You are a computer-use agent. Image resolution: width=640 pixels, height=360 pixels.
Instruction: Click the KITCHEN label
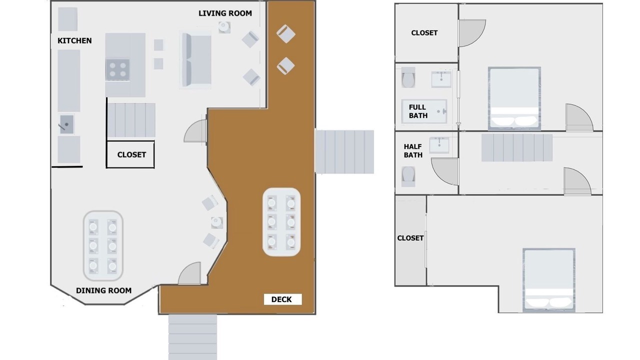click(x=74, y=41)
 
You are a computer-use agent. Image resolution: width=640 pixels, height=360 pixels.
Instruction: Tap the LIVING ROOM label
click(x=225, y=13)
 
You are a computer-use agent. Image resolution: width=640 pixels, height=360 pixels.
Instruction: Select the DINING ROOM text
click(x=103, y=290)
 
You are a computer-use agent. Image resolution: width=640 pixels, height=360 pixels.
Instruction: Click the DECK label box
click(x=282, y=299)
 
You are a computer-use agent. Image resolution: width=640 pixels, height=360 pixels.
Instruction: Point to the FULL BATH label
click(x=418, y=111)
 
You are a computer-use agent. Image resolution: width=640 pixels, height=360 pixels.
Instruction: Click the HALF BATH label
click(x=413, y=151)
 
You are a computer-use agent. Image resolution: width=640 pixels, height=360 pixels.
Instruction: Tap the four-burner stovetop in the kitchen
click(x=117, y=69)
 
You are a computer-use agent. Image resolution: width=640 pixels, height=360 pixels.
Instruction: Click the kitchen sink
click(x=66, y=124)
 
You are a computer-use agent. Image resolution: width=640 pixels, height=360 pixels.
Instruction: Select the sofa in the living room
click(x=195, y=59)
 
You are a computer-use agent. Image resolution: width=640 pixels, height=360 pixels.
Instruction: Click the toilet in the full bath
click(x=408, y=77)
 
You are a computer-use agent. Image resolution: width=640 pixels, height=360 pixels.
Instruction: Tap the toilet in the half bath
click(x=408, y=176)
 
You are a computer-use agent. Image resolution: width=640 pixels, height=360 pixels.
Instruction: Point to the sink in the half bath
click(x=439, y=145)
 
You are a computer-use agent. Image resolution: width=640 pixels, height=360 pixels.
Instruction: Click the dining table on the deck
click(x=281, y=222)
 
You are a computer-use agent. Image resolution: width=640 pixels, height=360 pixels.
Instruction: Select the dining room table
click(x=103, y=245)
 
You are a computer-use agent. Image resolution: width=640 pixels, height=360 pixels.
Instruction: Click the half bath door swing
click(x=445, y=171)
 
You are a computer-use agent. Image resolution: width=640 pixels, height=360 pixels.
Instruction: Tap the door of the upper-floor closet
click(x=472, y=33)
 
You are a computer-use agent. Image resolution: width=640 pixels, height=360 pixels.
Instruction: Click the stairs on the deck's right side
click(x=344, y=151)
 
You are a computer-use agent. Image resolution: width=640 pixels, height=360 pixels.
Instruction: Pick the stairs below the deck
click(x=192, y=337)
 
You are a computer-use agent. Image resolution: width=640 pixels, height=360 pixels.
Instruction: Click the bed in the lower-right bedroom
click(x=549, y=280)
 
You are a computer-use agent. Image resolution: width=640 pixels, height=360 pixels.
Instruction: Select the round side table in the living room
click(x=224, y=27)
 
